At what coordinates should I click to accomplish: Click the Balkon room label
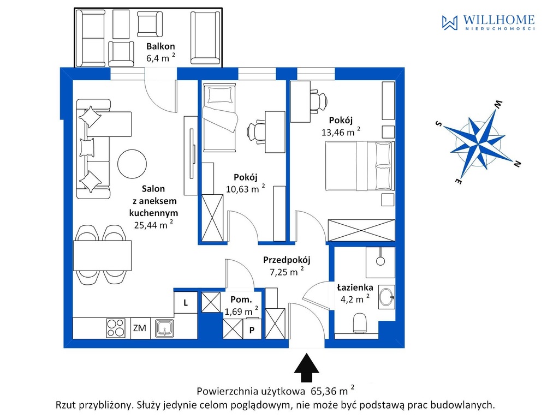pyautogui.click(x=160, y=46)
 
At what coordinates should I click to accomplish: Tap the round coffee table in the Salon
pyautogui.click(x=132, y=164)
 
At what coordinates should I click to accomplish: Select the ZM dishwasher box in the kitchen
pyautogui.click(x=140, y=328)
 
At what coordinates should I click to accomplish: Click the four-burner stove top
pyautogui.click(x=116, y=328)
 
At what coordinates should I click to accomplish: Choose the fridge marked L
pyautogui.click(x=186, y=302)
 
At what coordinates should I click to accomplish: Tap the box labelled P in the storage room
pyautogui.click(x=252, y=330)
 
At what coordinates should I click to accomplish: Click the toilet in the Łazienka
pyautogui.click(x=360, y=323)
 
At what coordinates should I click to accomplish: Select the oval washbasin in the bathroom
pyautogui.click(x=386, y=297)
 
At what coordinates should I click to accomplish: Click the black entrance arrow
pyautogui.click(x=307, y=368)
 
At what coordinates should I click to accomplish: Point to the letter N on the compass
pyautogui.click(x=518, y=164)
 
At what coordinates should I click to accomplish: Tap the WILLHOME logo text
pyautogui.click(x=498, y=20)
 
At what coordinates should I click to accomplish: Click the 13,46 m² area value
pyautogui.click(x=341, y=132)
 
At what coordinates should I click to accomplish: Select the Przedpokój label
pyautogui.click(x=287, y=260)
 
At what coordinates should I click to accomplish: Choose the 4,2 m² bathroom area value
pyautogui.click(x=355, y=299)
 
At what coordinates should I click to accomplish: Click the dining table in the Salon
pyautogui.click(x=102, y=256)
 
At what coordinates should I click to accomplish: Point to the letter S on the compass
pyautogui.click(x=439, y=124)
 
